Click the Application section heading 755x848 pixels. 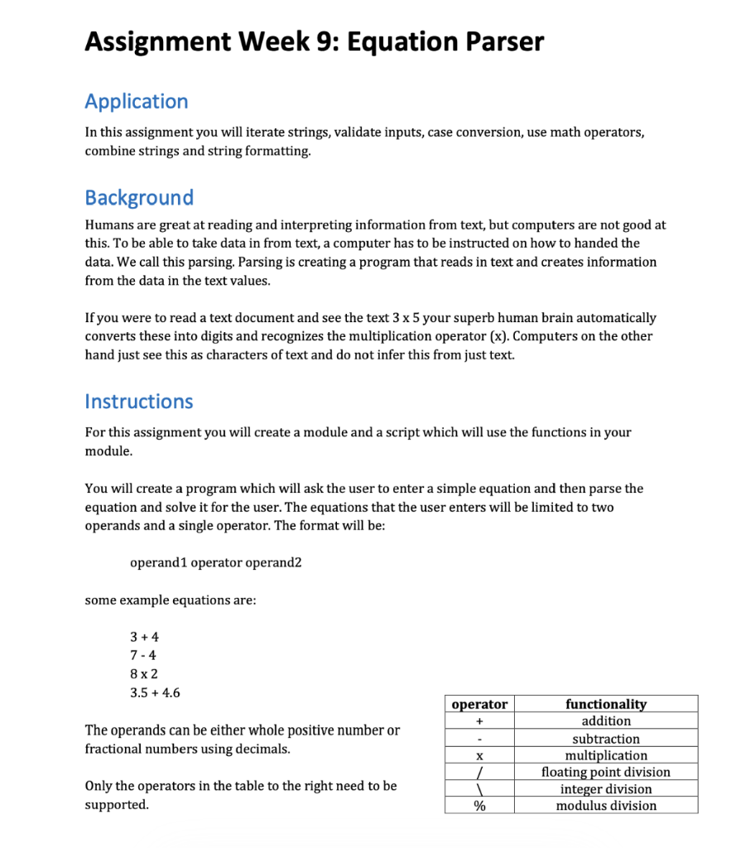(x=136, y=102)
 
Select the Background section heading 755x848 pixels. (x=139, y=198)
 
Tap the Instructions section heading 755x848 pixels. (x=138, y=402)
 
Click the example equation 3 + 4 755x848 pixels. (x=144, y=637)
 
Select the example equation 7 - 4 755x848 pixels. (x=143, y=655)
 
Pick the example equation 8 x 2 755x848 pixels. (x=144, y=673)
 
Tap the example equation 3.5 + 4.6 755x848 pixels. (x=155, y=692)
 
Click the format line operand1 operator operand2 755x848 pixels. (x=216, y=563)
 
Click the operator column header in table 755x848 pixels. (x=479, y=704)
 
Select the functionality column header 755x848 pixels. (x=606, y=704)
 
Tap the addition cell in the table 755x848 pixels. (x=606, y=721)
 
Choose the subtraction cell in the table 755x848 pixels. (x=606, y=739)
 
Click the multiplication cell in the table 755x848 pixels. (x=606, y=755)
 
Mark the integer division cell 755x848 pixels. (x=606, y=789)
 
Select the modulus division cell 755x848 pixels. (x=606, y=806)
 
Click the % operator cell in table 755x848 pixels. (x=479, y=806)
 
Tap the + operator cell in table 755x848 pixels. (x=479, y=721)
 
